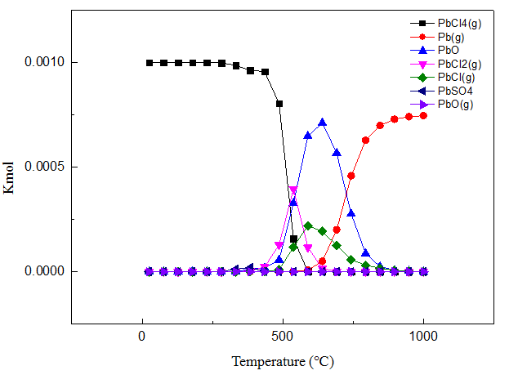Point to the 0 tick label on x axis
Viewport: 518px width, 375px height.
tap(142, 335)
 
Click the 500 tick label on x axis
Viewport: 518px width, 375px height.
tap(283, 335)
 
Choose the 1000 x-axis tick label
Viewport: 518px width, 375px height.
tap(423, 335)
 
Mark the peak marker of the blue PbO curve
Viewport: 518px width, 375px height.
tap(322, 123)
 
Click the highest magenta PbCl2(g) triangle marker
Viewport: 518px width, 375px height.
tap(294, 190)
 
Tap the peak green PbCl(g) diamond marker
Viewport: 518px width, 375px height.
tap(308, 225)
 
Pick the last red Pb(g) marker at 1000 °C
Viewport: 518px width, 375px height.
tap(423, 115)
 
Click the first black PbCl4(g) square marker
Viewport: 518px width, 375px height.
tap(149, 63)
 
